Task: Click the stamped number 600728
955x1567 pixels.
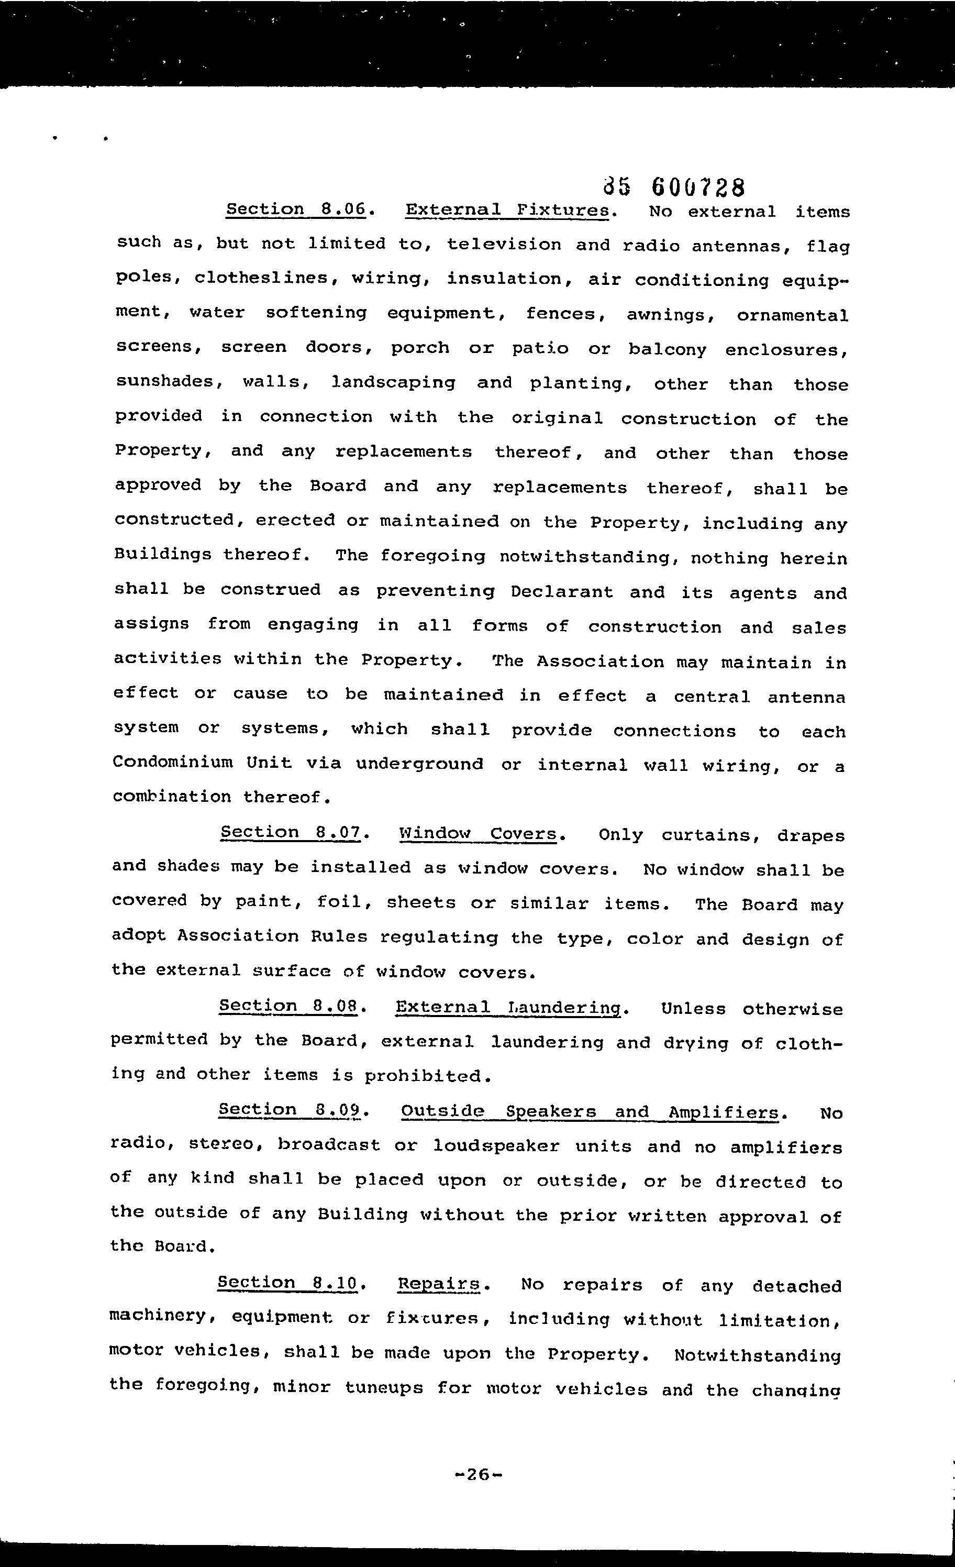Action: [697, 187]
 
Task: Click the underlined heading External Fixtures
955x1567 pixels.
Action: [507, 210]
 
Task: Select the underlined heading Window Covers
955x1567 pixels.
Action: [478, 834]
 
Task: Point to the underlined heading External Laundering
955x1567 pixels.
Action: [507, 1007]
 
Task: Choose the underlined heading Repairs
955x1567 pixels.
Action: [438, 1284]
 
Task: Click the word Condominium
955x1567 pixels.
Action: [172, 762]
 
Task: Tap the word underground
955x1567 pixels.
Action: [419, 764]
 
